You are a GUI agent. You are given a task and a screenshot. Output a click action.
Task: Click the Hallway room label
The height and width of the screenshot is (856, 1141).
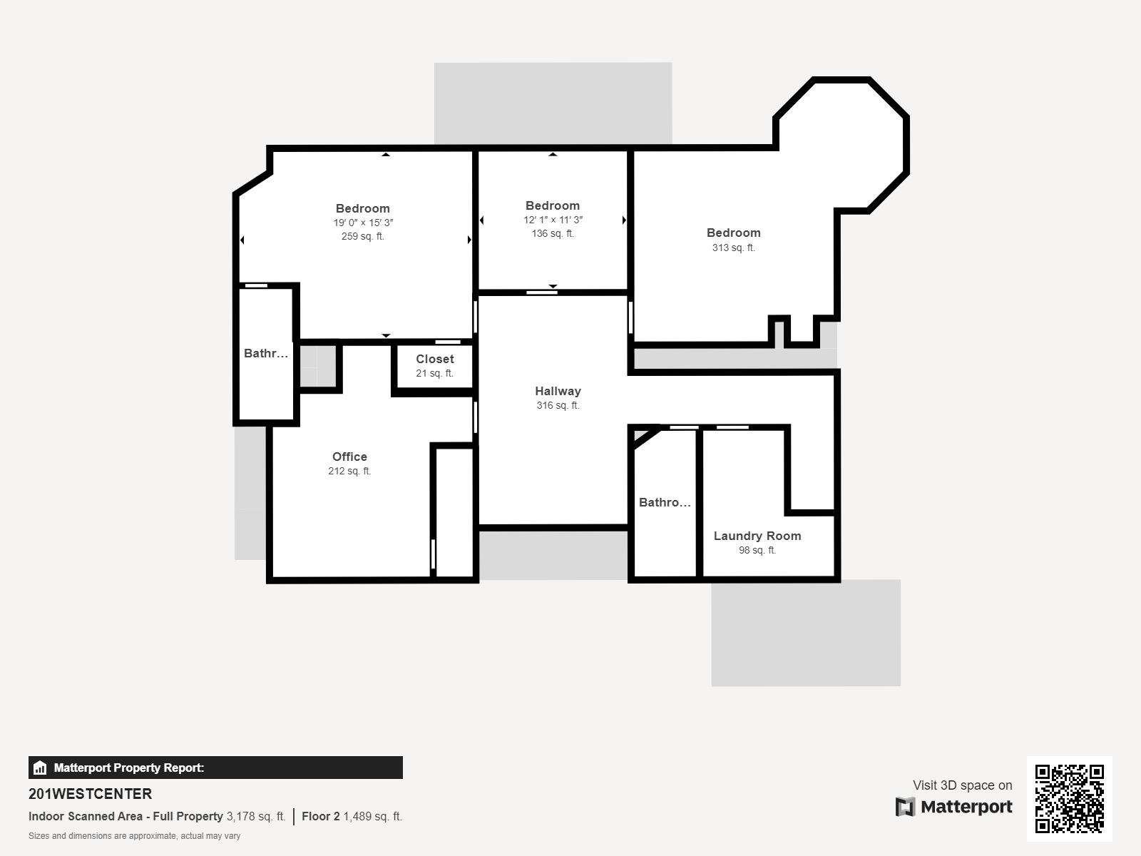[x=558, y=391]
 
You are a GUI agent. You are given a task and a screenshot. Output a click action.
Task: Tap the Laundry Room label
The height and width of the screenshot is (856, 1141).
[x=757, y=536]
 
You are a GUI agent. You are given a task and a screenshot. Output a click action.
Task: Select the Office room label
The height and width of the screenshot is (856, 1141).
[x=349, y=457]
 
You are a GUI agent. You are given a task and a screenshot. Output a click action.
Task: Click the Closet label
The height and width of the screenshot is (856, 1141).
[x=434, y=359]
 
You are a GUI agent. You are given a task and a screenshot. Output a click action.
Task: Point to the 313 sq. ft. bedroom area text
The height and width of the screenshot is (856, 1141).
[x=734, y=248]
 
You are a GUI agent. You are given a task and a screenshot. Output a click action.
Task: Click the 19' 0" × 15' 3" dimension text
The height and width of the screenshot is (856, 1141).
[x=363, y=223]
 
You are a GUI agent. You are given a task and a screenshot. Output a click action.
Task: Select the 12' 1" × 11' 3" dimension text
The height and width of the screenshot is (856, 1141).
[x=553, y=220]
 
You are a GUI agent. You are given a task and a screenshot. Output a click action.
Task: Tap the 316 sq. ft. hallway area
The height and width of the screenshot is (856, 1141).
[x=558, y=405]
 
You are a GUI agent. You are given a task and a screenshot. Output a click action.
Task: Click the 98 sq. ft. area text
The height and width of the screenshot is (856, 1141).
[x=757, y=550]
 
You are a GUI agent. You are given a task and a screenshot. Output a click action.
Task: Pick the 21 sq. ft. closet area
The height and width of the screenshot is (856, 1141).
[x=434, y=373]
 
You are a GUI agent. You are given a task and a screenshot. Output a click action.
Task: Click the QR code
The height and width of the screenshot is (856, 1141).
[x=1069, y=798]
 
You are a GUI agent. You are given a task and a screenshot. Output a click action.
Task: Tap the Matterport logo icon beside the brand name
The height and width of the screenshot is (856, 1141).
[x=905, y=807]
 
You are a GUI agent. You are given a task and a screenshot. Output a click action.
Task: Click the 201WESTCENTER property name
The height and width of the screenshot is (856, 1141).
[x=91, y=794]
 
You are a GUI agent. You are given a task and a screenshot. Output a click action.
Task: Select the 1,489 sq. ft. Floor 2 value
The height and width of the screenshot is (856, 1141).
[x=372, y=816]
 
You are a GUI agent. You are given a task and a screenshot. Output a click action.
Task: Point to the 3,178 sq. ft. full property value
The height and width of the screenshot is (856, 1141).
[x=256, y=816]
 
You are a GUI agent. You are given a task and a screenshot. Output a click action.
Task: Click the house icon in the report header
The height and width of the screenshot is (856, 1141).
[x=40, y=768]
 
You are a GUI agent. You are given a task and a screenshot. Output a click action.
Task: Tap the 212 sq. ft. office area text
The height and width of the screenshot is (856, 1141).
[x=349, y=471]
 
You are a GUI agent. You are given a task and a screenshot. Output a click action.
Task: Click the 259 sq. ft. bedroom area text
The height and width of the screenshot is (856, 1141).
[x=363, y=236]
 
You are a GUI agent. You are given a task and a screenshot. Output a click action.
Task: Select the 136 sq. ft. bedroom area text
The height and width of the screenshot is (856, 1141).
[x=553, y=233]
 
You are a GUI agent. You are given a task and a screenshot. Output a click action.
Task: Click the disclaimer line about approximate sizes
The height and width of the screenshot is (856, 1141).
[x=135, y=836]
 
